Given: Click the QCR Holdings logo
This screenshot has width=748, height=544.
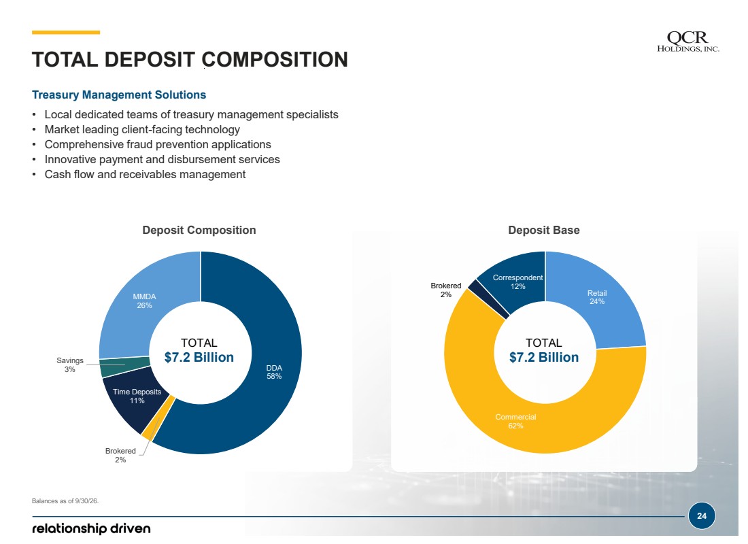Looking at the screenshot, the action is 688,41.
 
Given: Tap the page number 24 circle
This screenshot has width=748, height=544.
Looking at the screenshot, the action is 702,516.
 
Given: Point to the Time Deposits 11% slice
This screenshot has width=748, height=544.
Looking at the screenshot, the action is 133,400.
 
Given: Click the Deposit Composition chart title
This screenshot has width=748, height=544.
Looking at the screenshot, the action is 199,230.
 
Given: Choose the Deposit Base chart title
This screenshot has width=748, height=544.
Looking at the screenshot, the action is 544,230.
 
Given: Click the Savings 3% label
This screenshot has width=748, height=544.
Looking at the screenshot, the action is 69,365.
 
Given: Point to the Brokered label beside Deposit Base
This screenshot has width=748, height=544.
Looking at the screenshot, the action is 445,290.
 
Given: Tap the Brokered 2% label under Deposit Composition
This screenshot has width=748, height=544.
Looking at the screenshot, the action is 120,455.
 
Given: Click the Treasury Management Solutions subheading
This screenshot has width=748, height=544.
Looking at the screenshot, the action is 119,95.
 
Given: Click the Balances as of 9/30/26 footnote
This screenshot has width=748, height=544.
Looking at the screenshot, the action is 65,501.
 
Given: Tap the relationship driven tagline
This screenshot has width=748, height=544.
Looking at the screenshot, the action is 91,529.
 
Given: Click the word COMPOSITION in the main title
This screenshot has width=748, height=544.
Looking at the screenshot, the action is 275,60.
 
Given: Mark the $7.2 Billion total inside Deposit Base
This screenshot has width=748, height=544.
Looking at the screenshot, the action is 544,358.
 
